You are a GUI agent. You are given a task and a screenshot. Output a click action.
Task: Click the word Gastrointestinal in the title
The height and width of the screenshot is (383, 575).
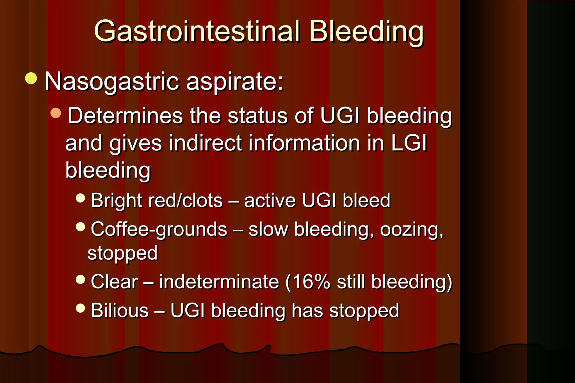[x=197, y=31]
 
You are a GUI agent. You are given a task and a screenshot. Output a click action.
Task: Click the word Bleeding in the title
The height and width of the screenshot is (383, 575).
[x=366, y=31]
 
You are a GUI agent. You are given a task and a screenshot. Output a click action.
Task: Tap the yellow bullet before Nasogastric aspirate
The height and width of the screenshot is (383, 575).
[x=31, y=78]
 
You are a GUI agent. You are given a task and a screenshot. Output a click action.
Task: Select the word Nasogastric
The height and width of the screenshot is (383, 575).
[x=111, y=82]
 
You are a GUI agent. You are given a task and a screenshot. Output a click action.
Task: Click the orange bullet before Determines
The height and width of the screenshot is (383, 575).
[x=56, y=113]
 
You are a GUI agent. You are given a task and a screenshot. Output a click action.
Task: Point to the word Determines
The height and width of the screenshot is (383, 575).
[x=125, y=116]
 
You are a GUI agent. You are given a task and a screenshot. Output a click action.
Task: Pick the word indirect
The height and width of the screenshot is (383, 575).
[x=205, y=143]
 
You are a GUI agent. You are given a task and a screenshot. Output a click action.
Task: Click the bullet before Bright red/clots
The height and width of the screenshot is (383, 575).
[x=80, y=198]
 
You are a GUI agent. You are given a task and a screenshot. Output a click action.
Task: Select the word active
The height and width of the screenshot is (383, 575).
[x=270, y=200]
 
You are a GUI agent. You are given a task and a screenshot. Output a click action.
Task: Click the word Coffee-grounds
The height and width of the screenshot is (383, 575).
[x=159, y=229]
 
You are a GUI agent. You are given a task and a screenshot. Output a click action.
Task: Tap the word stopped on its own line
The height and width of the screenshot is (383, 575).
[x=122, y=253]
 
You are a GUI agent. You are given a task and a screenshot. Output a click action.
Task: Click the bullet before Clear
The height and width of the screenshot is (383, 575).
[x=80, y=279]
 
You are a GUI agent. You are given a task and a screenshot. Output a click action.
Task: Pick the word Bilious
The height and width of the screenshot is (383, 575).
[x=120, y=310]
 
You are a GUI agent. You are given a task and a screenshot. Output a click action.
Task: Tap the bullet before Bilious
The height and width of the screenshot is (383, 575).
[x=80, y=308]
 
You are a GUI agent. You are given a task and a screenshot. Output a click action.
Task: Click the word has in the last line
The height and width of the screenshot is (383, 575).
[x=307, y=310]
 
